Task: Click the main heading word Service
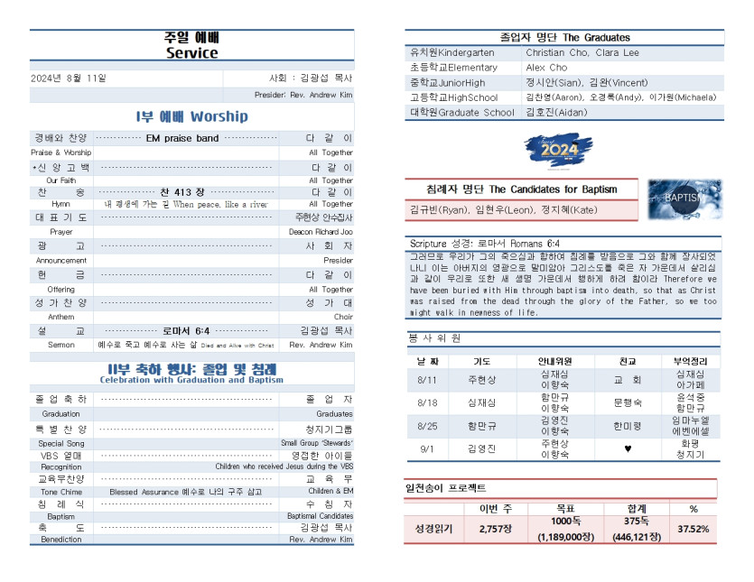(x=191, y=53)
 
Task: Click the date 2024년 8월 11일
(x=69, y=78)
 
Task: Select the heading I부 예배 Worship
(x=191, y=116)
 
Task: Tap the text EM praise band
(x=182, y=138)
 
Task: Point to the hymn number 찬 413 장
(x=182, y=192)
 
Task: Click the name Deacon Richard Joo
(x=321, y=232)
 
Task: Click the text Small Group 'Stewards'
(x=317, y=443)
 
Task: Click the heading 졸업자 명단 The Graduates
(x=564, y=38)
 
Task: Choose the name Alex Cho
(x=546, y=68)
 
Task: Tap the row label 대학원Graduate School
(x=462, y=113)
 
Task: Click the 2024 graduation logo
(x=560, y=151)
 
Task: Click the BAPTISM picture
(x=684, y=199)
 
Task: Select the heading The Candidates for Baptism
(x=522, y=189)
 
